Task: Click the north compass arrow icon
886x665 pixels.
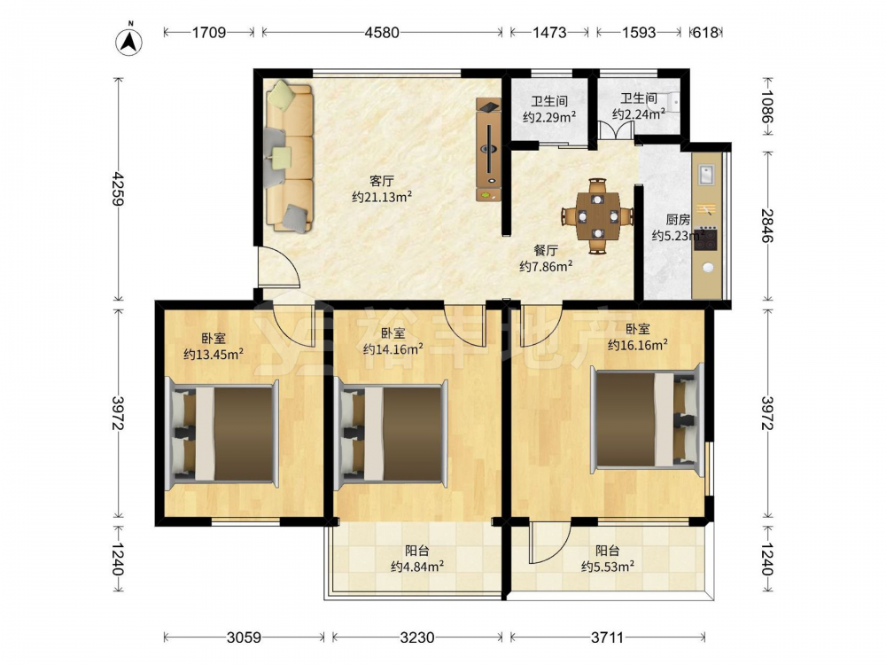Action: coord(128,42)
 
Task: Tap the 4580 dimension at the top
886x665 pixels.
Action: coord(381,33)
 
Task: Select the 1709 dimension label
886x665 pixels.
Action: coord(208,33)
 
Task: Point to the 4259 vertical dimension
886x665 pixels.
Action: coord(118,188)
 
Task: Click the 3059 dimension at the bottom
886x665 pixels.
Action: coord(244,638)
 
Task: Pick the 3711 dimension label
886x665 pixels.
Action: coord(608,638)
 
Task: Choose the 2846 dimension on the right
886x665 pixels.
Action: coord(766,225)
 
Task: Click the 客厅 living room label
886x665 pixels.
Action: coord(381,181)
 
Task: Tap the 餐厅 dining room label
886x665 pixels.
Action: coord(546,251)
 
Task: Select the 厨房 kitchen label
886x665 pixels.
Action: coord(678,219)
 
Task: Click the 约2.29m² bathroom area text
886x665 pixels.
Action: coord(549,117)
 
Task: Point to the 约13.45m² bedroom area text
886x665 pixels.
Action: coord(214,355)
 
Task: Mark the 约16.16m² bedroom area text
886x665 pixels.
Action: coord(638,344)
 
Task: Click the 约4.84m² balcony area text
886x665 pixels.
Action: coord(417,566)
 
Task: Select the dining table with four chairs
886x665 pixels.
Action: coord(597,216)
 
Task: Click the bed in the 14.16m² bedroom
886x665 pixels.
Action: coord(391,434)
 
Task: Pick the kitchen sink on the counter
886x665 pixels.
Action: coord(706,175)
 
